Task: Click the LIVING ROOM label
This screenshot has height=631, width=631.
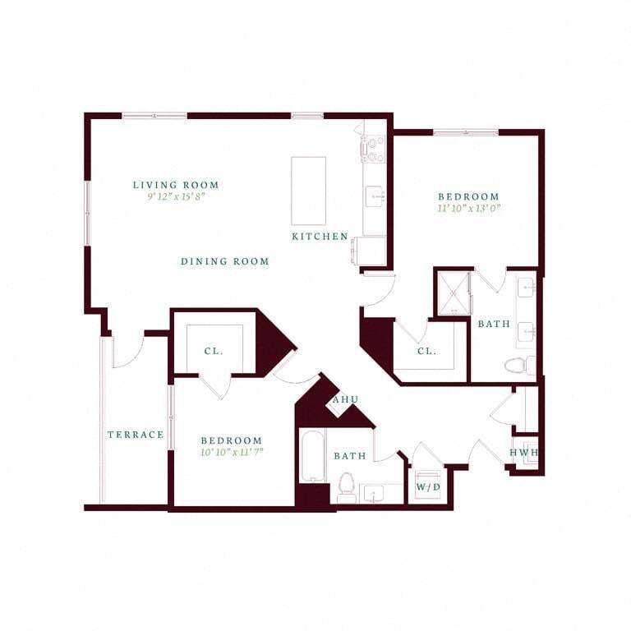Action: point(176,185)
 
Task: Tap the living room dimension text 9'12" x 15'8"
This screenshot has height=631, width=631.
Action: point(176,197)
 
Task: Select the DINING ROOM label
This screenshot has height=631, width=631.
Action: point(225,261)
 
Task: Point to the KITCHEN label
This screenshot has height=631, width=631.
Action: point(320,237)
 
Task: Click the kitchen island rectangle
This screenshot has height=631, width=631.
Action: point(308,191)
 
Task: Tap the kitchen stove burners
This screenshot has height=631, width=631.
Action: point(374,149)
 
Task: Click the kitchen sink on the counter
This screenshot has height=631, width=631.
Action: point(375,196)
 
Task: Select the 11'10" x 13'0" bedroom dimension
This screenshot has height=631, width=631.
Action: point(468,209)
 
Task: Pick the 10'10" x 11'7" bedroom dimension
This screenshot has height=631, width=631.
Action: point(231,453)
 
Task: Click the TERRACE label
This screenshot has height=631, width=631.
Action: point(136,435)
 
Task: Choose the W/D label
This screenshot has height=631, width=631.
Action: point(427,486)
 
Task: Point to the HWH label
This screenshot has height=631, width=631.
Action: point(523,453)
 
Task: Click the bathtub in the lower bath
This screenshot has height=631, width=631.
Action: point(312,457)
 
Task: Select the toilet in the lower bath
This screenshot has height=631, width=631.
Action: point(346,486)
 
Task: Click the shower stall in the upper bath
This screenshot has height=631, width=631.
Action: point(453,293)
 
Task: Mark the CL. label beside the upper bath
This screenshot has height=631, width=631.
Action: point(426,351)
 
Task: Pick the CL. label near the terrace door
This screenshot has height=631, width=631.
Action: point(214,351)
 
